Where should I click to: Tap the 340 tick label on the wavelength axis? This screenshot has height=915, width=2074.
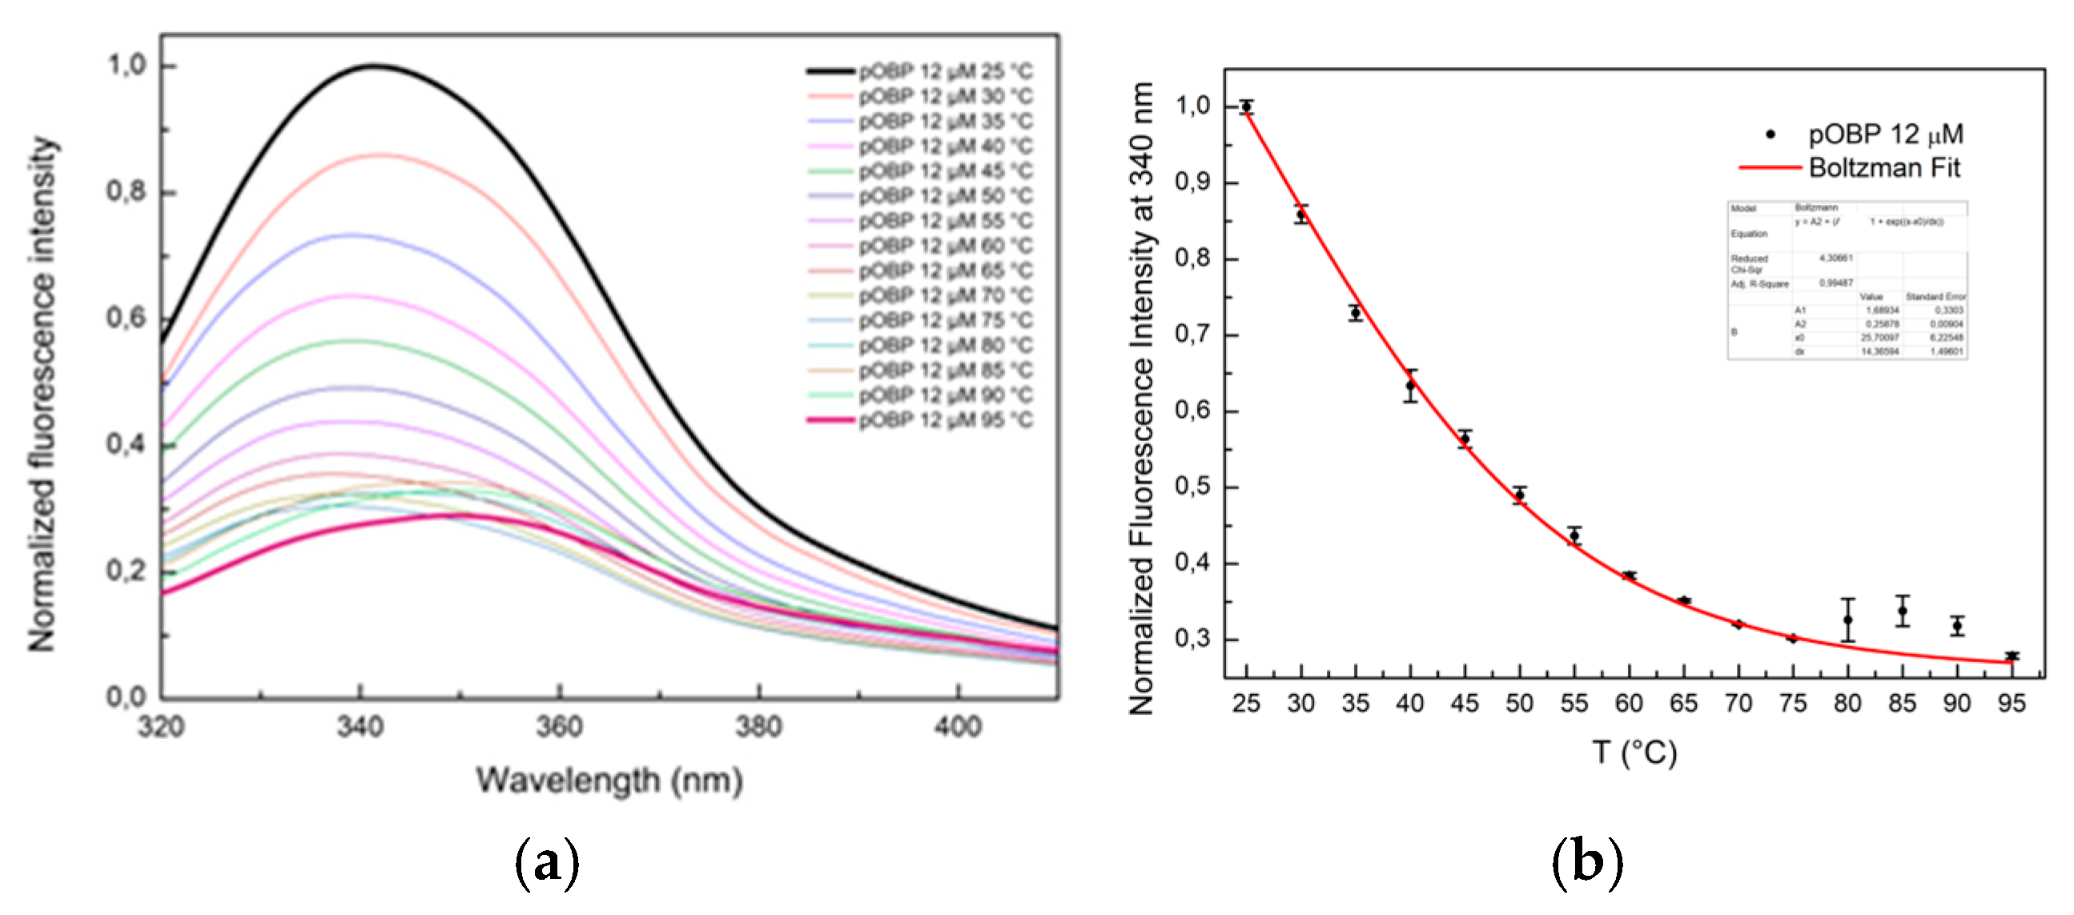pyautogui.click(x=360, y=727)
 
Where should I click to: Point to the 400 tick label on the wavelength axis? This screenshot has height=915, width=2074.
pyautogui.click(x=958, y=727)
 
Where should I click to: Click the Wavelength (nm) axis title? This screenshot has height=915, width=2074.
pyautogui.click(x=609, y=780)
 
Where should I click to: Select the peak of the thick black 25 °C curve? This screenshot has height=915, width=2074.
pyautogui.click(x=375, y=66)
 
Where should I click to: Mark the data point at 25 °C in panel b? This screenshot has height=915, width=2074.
pyautogui.click(x=1246, y=107)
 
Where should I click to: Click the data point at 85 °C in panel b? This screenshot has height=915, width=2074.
pyautogui.click(x=1903, y=611)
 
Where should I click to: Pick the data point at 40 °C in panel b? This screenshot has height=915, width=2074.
pyautogui.click(x=1411, y=386)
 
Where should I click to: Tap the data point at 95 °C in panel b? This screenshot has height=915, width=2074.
pyautogui.click(x=2012, y=656)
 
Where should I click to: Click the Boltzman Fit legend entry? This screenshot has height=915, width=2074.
pyautogui.click(x=1883, y=167)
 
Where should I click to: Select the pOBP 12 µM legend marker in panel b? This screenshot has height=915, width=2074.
pyautogui.click(x=1771, y=134)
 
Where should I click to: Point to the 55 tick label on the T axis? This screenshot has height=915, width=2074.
pyautogui.click(x=1574, y=704)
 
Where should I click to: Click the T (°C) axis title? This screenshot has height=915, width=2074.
pyautogui.click(x=1634, y=752)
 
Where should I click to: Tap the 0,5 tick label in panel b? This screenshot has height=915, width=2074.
pyautogui.click(x=1193, y=487)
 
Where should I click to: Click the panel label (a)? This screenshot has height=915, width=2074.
pyautogui.click(x=547, y=864)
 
